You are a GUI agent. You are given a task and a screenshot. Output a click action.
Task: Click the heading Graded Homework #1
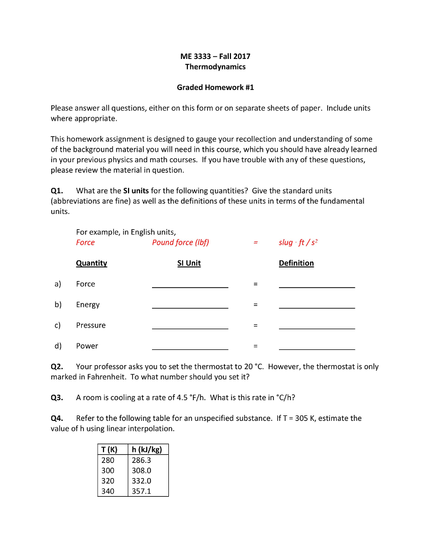[x=215, y=87]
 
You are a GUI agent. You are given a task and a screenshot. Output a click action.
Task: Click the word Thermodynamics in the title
[x=215, y=67]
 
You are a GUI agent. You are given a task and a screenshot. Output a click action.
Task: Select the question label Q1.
[x=57, y=191]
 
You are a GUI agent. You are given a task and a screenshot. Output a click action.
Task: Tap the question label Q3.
[x=57, y=397]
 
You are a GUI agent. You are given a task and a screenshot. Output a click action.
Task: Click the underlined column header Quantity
[x=92, y=263]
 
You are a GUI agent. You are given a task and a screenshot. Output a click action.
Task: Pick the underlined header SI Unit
[x=189, y=263]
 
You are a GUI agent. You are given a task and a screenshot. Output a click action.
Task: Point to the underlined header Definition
[x=296, y=263]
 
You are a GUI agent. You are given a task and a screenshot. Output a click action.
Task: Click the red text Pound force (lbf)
[x=180, y=242]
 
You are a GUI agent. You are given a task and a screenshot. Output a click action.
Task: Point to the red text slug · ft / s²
[x=298, y=242]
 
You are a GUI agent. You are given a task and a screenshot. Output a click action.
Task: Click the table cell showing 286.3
[x=141, y=460]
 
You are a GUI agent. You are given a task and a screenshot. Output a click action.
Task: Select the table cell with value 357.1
[x=141, y=491]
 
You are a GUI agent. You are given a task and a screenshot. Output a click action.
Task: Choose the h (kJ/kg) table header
[x=147, y=450]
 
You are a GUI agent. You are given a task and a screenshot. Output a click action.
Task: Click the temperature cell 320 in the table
[x=108, y=481]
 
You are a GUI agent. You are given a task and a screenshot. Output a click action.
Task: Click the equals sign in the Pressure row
[x=254, y=325]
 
